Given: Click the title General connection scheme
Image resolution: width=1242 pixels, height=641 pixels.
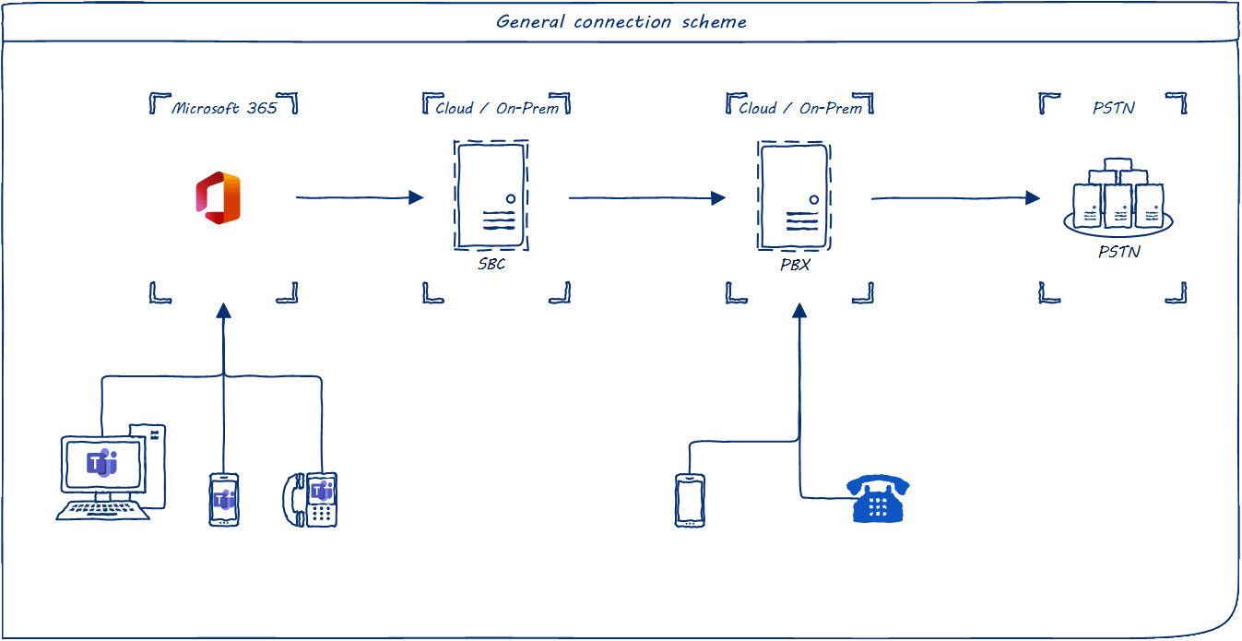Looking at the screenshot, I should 621,21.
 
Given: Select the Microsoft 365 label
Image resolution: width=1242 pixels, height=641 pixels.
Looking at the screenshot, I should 224,108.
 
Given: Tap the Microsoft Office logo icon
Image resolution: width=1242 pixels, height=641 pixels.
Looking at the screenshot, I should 219,197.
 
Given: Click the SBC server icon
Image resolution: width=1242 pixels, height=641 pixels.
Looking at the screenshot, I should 491,195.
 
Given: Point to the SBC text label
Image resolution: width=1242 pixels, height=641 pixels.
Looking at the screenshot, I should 491,265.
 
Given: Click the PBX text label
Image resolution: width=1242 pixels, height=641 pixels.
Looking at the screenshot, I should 794,265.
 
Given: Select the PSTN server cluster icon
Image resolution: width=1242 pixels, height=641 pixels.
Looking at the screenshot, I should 1118,196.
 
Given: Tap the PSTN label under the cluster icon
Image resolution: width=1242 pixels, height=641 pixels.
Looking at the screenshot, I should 1118,251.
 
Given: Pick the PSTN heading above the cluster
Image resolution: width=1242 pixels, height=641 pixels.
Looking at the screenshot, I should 1113,108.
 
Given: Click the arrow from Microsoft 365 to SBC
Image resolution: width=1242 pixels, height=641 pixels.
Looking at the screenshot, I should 359,197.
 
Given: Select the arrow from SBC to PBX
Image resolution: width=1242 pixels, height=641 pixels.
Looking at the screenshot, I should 646,197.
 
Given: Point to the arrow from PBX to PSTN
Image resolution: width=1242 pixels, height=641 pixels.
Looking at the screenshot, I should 954,197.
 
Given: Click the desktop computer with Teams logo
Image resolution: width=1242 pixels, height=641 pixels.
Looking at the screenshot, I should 104,473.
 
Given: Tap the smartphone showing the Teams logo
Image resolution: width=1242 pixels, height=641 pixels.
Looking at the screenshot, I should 224,500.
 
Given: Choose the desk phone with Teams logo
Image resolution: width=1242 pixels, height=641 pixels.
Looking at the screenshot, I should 311,500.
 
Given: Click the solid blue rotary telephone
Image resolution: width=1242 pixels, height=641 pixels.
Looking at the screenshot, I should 878,499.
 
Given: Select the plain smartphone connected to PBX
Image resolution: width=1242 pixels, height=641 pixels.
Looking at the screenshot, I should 690,500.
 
